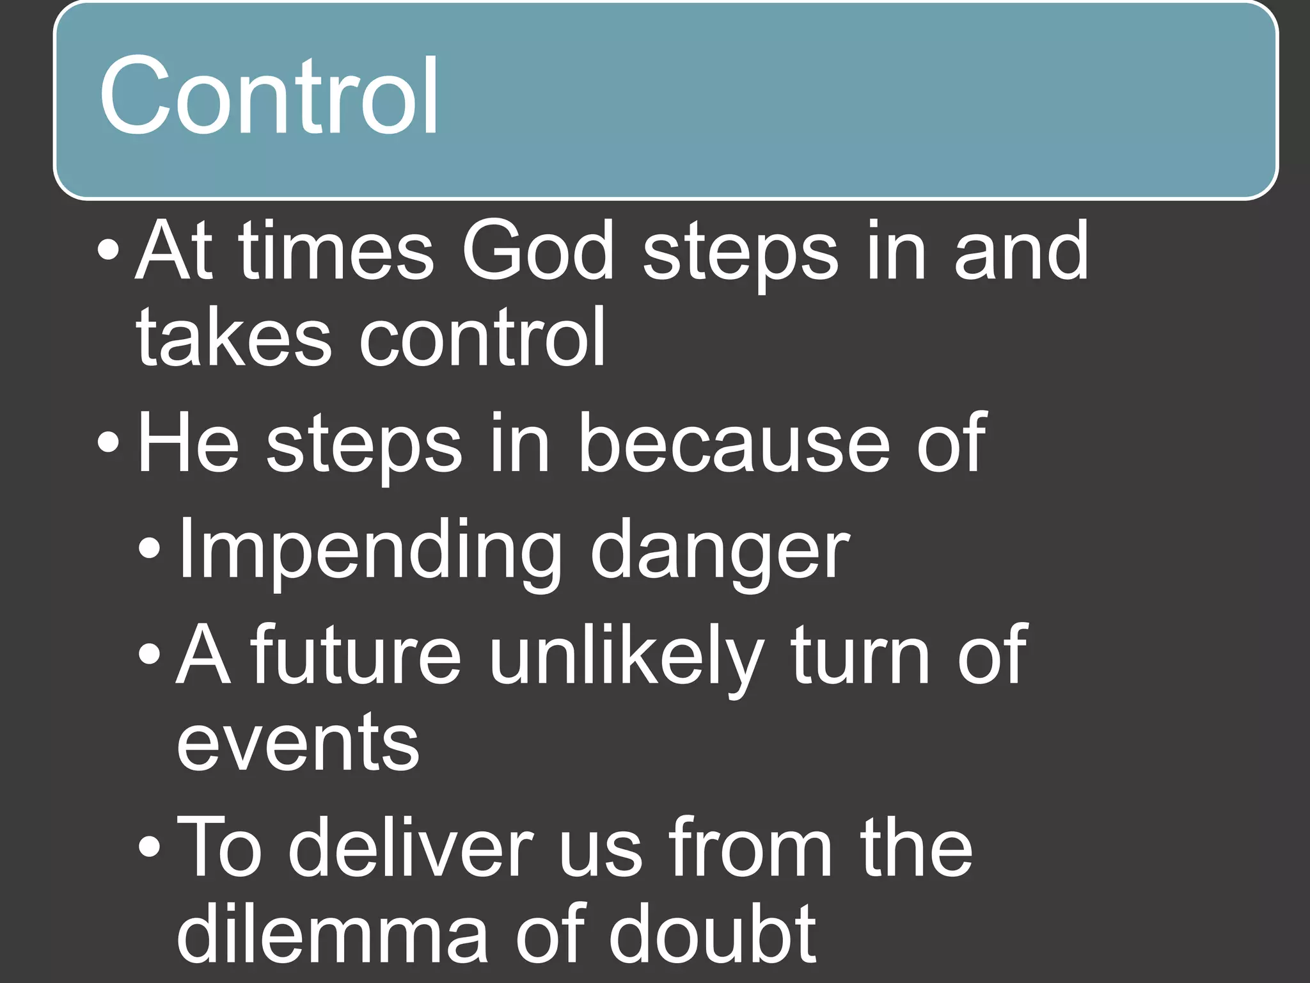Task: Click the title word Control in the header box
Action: click(269, 96)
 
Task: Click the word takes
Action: click(233, 337)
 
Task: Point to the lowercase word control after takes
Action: click(482, 337)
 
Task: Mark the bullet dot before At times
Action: click(108, 251)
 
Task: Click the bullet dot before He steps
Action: click(108, 443)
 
